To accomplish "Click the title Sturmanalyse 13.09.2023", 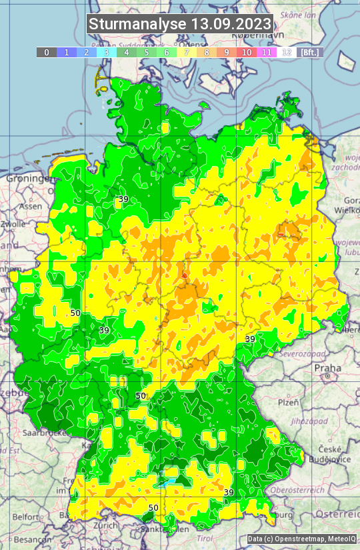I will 180,24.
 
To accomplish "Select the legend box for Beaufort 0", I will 46,52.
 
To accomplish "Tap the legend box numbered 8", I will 207,52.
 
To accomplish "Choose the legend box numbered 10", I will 247,52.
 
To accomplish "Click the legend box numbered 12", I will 287,52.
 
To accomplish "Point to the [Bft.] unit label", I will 309,52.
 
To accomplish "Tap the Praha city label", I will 327,368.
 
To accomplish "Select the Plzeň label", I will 288,402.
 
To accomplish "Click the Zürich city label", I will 106,525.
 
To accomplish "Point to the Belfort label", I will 27,517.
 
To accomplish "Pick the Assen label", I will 31,207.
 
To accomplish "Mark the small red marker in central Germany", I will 185,274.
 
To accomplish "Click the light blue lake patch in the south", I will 172,477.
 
